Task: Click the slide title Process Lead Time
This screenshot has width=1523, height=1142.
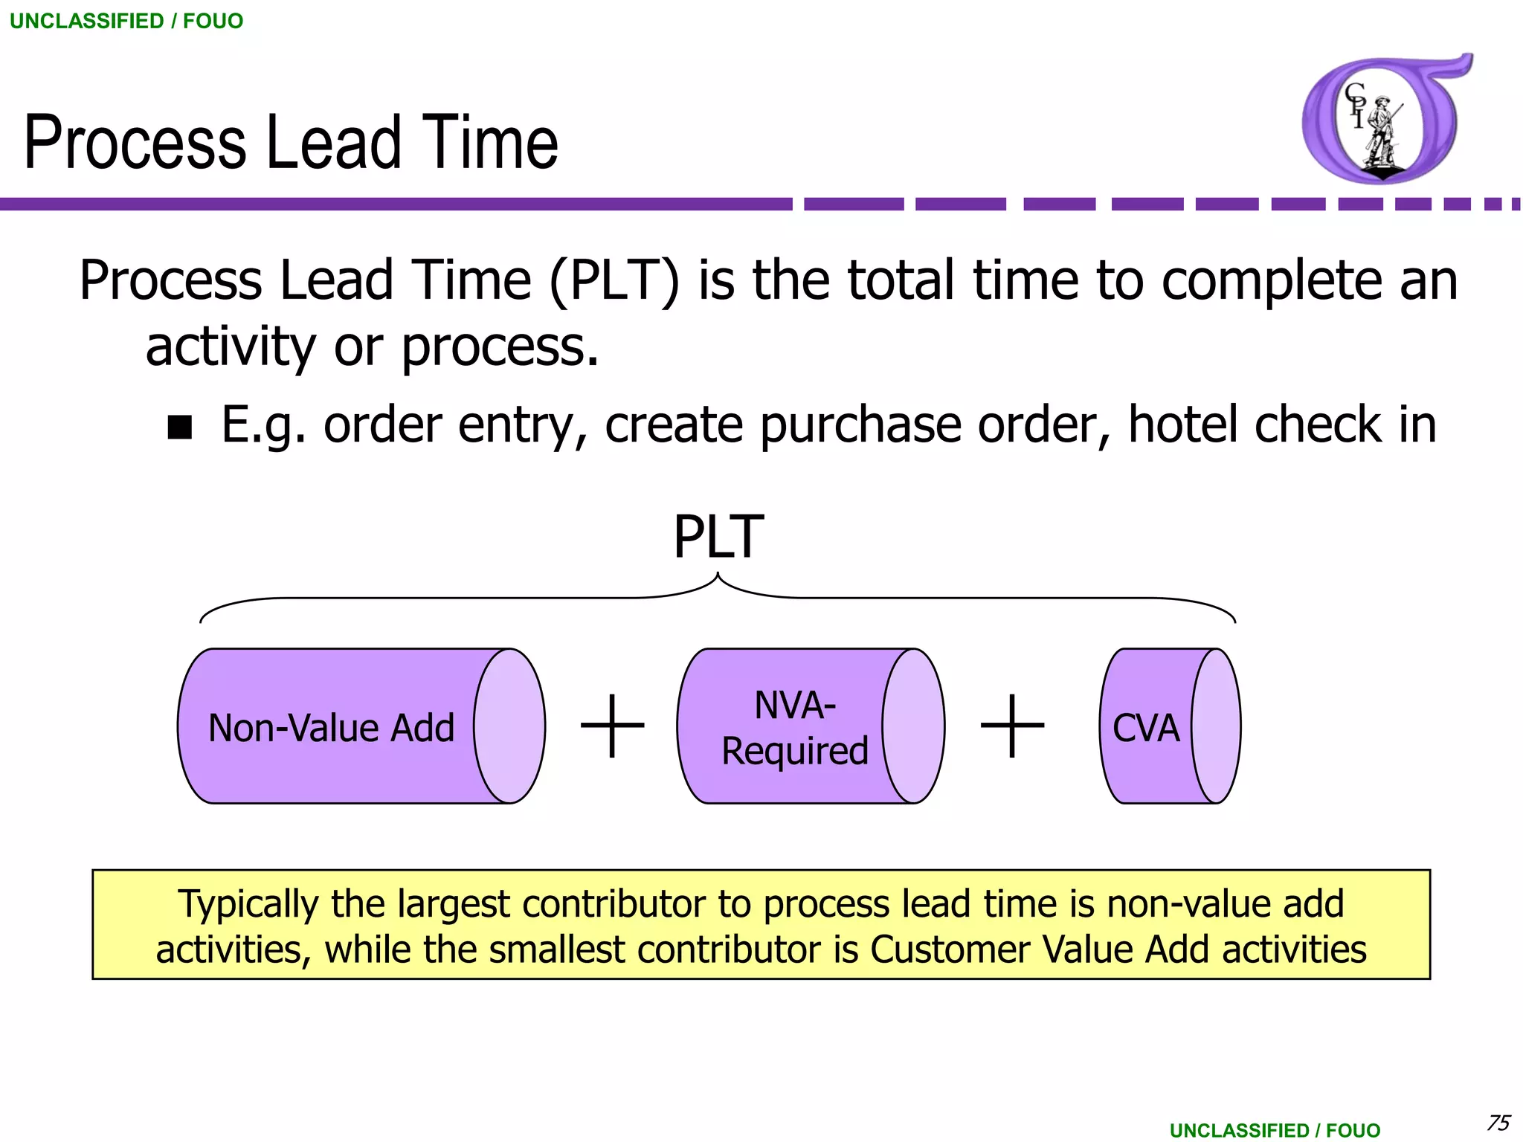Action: (x=290, y=143)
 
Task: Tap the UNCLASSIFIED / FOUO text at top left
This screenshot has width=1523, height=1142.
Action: (x=126, y=21)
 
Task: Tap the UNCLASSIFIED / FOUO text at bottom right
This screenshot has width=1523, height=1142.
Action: (x=1275, y=1130)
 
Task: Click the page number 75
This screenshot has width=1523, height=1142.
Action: (x=1498, y=1122)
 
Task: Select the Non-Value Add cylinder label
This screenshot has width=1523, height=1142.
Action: (x=331, y=728)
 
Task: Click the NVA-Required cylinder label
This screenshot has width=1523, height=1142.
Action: (x=795, y=728)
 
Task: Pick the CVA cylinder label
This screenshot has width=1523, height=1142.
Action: (x=1145, y=728)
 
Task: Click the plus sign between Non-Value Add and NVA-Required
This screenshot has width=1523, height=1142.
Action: (x=612, y=726)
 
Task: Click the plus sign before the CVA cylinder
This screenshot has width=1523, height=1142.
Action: (x=1012, y=726)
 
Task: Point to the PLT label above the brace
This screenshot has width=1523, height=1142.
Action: (x=718, y=537)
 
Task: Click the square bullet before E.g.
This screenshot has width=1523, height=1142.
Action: (x=180, y=428)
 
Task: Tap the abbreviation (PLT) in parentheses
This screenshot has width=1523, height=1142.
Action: (x=614, y=281)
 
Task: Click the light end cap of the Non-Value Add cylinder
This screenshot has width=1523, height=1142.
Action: (x=509, y=726)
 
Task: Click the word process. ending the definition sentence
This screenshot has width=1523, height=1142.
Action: (x=500, y=348)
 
